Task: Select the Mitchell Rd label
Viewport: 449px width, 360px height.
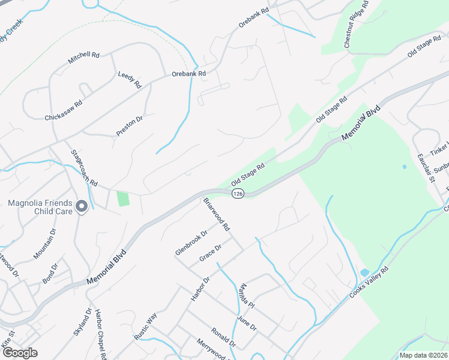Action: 83,58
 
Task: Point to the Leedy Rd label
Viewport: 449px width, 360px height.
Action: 129,76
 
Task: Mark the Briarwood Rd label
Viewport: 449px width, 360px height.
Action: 217,215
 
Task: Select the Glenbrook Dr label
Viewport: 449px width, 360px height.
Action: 191,242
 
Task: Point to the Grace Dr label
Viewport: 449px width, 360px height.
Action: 211,253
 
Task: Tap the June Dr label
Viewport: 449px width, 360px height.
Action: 246,324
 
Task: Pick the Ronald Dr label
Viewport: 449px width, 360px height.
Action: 223,337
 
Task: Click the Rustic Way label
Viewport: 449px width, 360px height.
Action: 145,326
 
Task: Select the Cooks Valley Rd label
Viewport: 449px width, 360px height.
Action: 369,284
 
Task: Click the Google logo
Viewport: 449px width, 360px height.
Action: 19,353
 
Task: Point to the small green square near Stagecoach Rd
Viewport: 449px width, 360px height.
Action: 123,199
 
